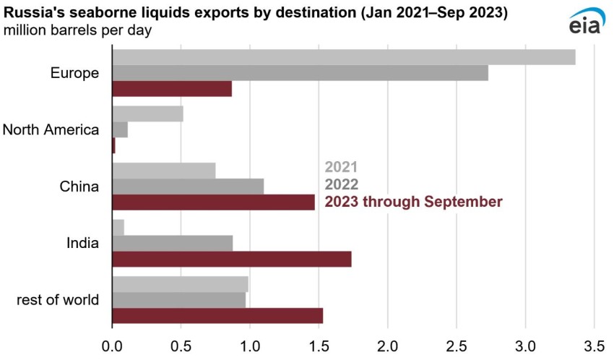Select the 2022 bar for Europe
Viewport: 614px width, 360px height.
pyautogui.click(x=300, y=73)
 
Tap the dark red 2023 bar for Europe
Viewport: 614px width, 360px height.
pyautogui.click(x=172, y=88)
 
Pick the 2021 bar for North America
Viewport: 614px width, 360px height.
pyautogui.click(x=148, y=113)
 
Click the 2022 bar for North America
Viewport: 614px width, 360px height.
pyautogui.click(x=120, y=129)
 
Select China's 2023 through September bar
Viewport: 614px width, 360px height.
pyautogui.click(x=214, y=202)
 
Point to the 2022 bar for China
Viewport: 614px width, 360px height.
pyautogui.click(x=188, y=186)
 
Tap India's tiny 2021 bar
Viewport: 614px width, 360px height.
pyautogui.click(x=118, y=227)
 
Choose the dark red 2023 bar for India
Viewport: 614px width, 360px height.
pyautogui.click(x=232, y=259)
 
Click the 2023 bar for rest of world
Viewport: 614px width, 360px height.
pyautogui.click(x=217, y=315)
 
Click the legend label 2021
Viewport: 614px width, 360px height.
pyautogui.click(x=341, y=168)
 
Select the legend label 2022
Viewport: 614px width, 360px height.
pyautogui.click(x=341, y=184)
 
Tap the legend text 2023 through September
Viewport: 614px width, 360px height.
pyautogui.click(x=413, y=202)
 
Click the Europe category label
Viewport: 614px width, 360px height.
pyautogui.click(x=74, y=73)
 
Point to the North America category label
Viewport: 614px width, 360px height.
pyautogui.click(x=51, y=129)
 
